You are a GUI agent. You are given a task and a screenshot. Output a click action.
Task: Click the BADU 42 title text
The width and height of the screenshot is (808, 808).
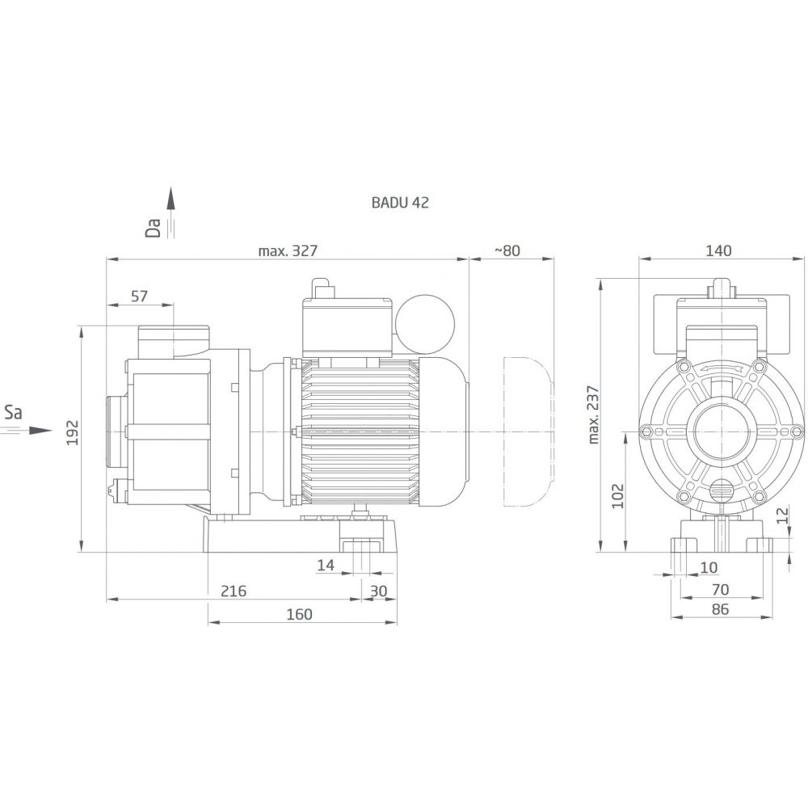tap(400, 203)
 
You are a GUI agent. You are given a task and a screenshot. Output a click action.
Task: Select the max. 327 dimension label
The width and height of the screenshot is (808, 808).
tap(288, 251)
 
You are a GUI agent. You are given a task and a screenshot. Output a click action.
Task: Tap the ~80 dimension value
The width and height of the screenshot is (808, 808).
tap(507, 251)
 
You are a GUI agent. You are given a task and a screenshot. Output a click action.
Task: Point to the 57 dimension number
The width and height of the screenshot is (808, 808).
tap(139, 297)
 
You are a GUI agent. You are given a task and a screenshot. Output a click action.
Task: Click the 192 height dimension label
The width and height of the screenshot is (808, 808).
tap(74, 432)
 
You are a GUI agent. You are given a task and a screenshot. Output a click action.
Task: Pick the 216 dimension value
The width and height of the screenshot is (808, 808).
tap(234, 591)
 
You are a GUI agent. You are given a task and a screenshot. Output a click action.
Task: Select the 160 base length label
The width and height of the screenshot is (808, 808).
tap(300, 614)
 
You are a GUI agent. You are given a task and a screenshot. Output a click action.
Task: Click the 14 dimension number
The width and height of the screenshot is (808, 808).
tap(326, 566)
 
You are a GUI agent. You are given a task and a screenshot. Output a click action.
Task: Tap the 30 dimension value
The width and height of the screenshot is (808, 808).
tap(379, 591)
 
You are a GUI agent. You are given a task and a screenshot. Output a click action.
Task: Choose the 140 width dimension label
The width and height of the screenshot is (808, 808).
tap(718, 251)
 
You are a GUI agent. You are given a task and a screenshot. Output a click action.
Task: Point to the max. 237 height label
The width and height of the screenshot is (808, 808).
tap(593, 415)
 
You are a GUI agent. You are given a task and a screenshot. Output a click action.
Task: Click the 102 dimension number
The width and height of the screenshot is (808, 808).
tap(617, 496)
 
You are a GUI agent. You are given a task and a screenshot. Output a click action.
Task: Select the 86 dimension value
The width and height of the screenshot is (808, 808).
tap(720, 609)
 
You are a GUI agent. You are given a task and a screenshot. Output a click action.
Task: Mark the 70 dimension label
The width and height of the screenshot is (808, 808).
tap(720, 589)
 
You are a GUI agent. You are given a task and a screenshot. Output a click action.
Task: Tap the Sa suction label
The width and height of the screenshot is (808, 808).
tap(13, 412)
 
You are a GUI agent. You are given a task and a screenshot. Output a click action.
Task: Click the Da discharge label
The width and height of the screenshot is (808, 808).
tap(154, 228)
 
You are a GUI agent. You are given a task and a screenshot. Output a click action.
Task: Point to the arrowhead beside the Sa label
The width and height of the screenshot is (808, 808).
tap(40, 431)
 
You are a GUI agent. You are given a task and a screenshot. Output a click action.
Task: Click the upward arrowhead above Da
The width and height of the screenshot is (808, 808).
tap(171, 199)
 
